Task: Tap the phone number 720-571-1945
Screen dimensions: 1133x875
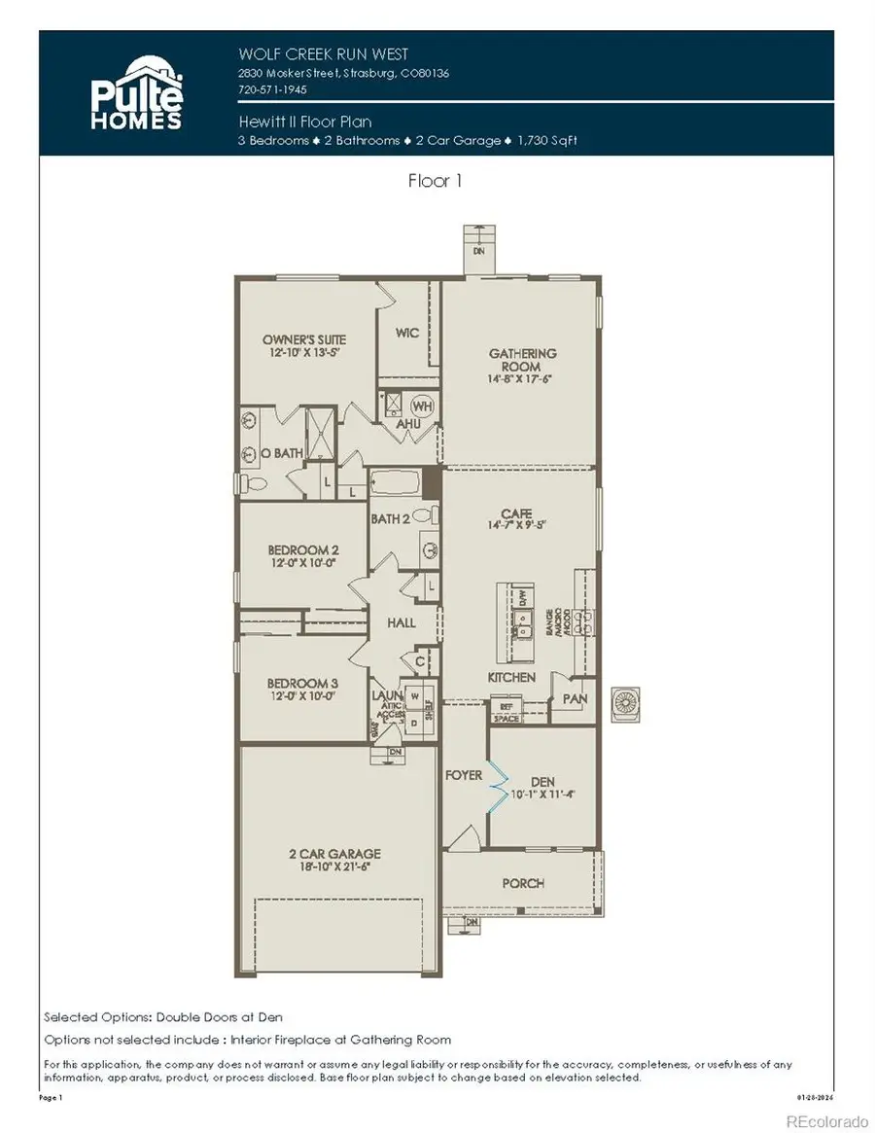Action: [x=272, y=89]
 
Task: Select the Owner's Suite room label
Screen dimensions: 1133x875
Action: [x=304, y=339]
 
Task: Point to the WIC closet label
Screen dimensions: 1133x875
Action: [x=407, y=333]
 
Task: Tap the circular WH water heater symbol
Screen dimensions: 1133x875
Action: [x=423, y=405]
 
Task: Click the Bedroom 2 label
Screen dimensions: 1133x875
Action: [x=303, y=550]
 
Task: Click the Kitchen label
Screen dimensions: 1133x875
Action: [x=511, y=677]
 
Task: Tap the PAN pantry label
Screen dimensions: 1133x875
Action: [x=574, y=698]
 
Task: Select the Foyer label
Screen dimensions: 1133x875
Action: [x=464, y=775]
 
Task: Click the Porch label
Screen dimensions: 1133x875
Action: [x=522, y=883]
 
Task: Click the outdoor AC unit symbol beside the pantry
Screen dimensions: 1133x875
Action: [x=623, y=704]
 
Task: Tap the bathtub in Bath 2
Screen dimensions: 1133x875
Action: [x=394, y=481]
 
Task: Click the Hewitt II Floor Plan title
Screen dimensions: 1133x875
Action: [x=305, y=122]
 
